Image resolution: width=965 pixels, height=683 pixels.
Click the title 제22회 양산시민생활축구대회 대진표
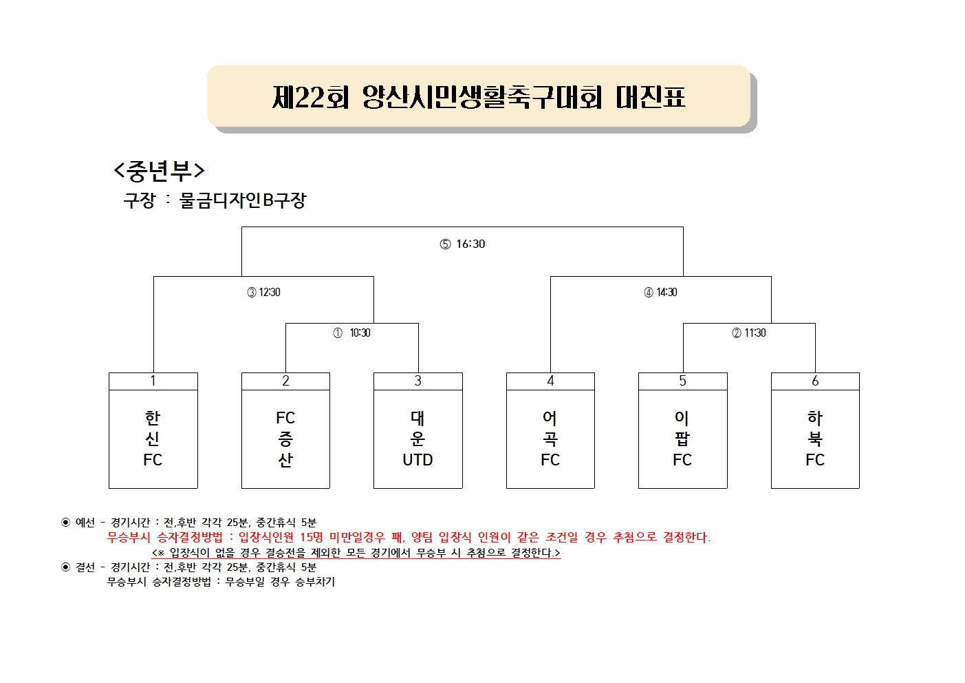[x=479, y=97]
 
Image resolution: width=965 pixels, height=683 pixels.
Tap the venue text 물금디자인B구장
[x=243, y=200]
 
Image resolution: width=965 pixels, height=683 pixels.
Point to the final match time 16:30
[x=470, y=244]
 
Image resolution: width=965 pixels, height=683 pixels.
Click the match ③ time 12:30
[x=269, y=293]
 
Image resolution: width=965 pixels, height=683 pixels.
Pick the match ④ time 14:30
[x=666, y=293]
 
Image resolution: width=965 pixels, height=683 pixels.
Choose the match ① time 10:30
[x=360, y=333]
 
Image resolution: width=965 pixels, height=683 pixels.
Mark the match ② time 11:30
[x=755, y=333]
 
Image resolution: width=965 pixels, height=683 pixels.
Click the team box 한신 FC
[x=153, y=431]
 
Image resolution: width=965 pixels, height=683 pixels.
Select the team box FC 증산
[x=285, y=431]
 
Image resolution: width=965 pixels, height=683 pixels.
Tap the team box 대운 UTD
[x=418, y=431]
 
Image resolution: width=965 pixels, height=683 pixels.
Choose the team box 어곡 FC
[x=550, y=431]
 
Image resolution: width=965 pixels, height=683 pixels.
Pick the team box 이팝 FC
[x=683, y=431]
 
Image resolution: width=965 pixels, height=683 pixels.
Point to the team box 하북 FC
[x=815, y=431]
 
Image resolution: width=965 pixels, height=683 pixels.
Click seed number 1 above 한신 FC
[x=153, y=381]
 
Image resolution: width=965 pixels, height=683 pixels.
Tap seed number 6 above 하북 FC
[x=815, y=381]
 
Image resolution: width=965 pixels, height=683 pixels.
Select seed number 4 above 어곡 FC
[x=550, y=381]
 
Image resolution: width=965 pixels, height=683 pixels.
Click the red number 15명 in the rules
[x=311, y=537]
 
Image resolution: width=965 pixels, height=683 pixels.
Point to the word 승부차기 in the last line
[x=315, y=582]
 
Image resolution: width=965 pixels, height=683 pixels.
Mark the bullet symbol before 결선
[x=65, y=567]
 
